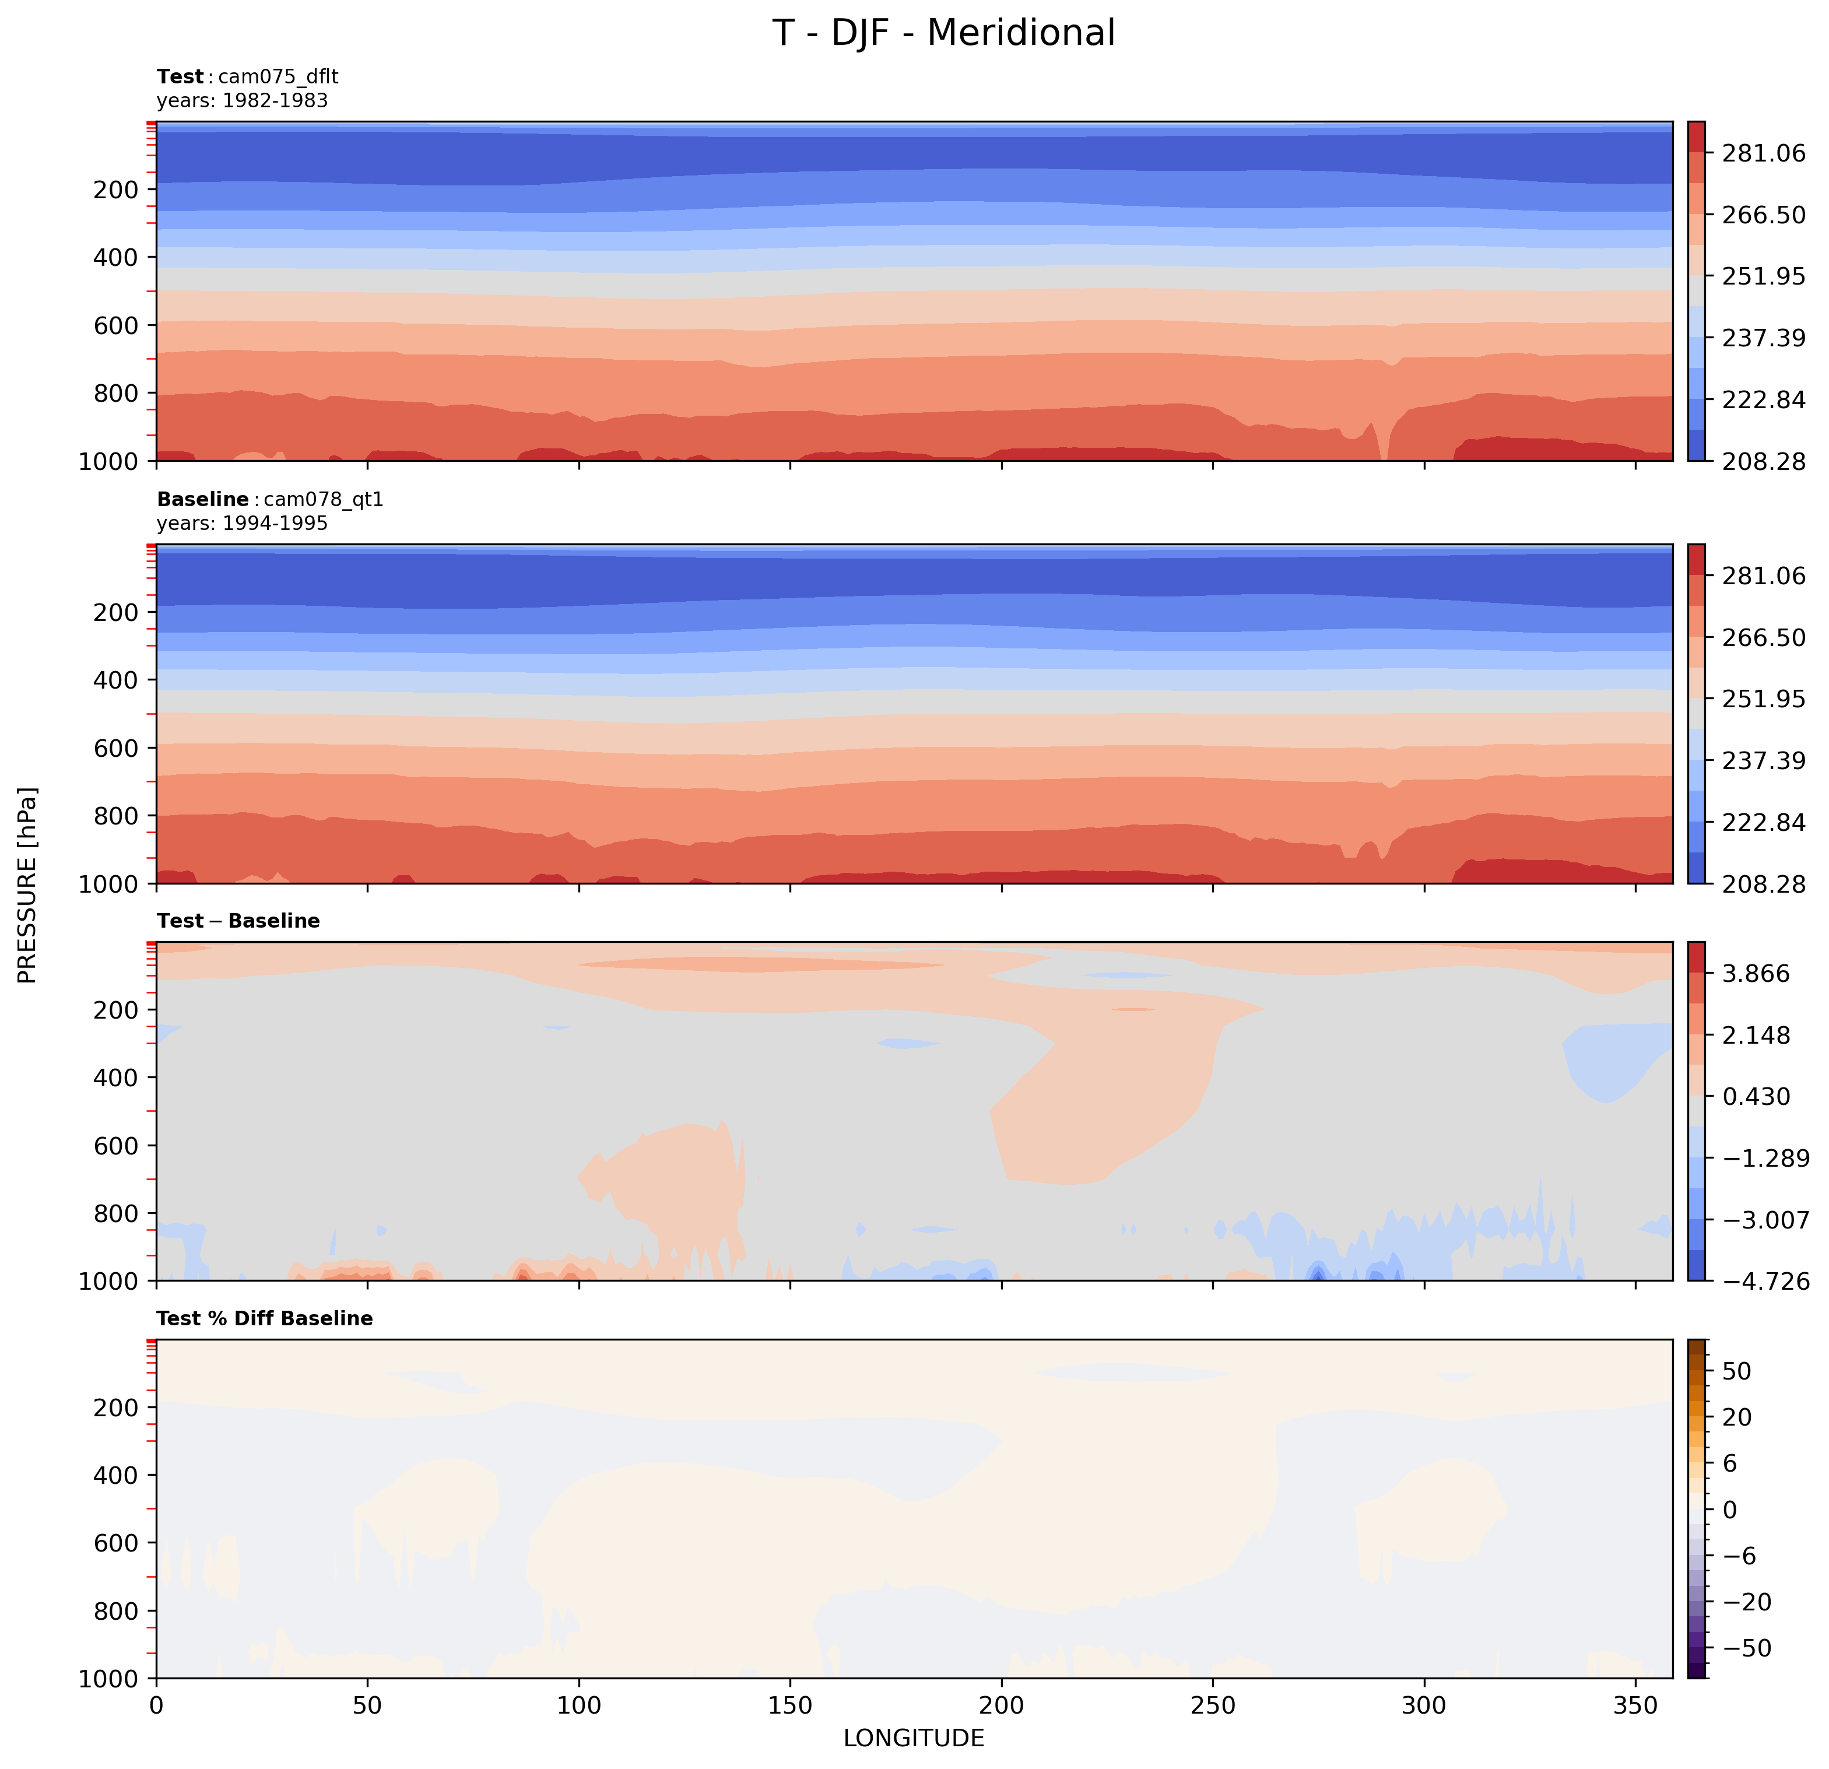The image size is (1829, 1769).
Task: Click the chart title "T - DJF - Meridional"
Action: pos(943,34)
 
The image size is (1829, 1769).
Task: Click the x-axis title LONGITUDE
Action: pos(914,1738)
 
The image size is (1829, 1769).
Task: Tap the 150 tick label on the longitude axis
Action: pos(791,1705)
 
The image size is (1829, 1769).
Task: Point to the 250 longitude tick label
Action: pos(1213,1705)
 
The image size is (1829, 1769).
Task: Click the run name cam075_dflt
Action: pos(278,76)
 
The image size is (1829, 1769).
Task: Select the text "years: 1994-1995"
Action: pos(243,524)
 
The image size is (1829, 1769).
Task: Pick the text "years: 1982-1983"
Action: pos(243,101)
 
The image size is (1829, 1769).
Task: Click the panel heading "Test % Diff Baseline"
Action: pos(265,1318)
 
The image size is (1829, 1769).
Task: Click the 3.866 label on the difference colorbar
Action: pos(1756,974)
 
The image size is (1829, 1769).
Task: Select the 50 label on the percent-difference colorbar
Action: pos(1737,1371)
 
